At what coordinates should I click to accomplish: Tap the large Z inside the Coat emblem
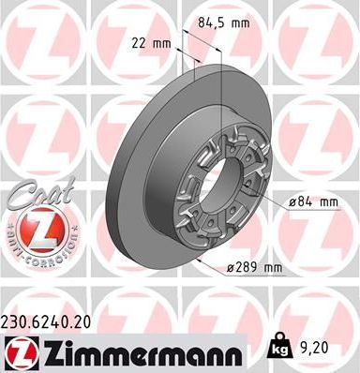click(35, 225)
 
